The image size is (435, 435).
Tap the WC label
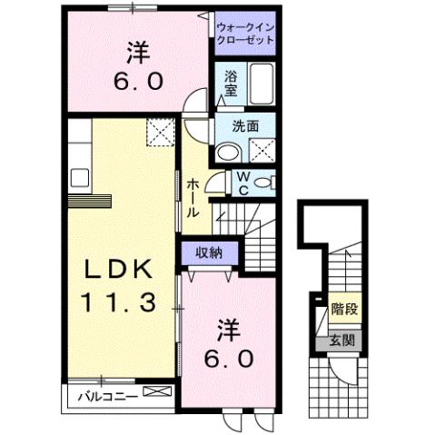[x=246, y=183]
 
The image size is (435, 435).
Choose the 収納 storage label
[x=209, y=253]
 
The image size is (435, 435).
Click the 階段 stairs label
[x=344, y=310]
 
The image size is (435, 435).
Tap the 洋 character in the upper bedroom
[x=136, y=53]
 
